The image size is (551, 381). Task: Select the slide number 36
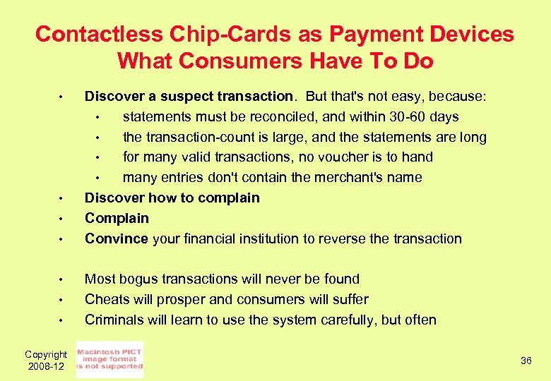526,361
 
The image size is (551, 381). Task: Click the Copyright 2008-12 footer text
46,361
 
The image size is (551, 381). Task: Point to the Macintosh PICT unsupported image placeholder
109,360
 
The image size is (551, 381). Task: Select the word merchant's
348,177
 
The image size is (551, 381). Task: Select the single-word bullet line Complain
117,218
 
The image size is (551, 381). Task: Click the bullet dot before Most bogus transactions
62,279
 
